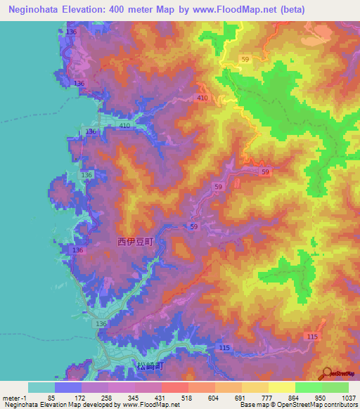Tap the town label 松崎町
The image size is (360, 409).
click(x=146, y=366)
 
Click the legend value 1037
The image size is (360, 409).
click(x=349, y=398)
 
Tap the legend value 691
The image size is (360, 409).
click(x=229, y=398)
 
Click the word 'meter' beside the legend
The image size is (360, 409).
click(x=11, y=398)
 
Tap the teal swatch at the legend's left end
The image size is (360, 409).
click(x=41, y=387)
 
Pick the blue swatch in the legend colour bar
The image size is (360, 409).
click(x=68, y=387)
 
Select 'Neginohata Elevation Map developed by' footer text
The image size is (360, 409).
click(x=53, y=405)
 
